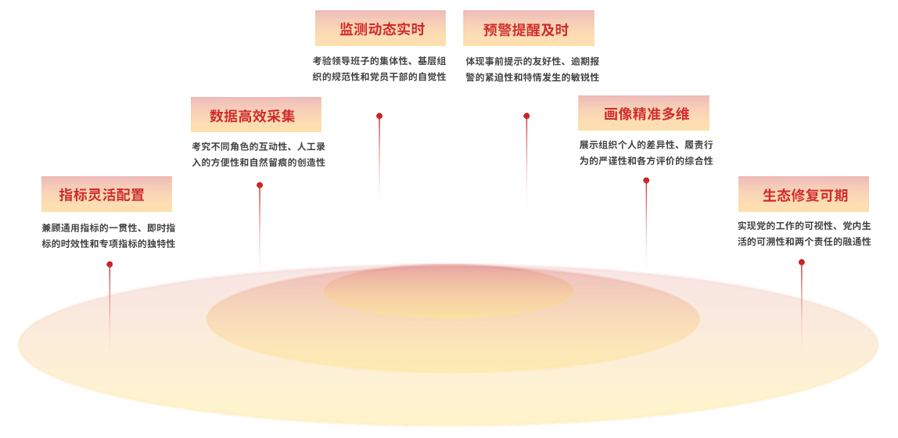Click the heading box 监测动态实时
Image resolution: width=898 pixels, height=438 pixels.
(x=380, y=29)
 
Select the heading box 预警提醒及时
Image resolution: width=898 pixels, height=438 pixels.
(x=528, y=29)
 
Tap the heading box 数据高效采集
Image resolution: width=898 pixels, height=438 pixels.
(x=256, y=115)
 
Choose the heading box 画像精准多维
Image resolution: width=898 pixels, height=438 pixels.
(x=643, y=113)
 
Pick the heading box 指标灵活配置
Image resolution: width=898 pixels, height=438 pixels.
(x=106, y=194)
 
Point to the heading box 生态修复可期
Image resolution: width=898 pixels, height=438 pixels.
(x=803, y=195)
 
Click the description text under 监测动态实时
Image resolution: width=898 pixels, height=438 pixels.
(x=379, y=69)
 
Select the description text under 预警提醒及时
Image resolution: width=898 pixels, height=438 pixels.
(x=532, y=69)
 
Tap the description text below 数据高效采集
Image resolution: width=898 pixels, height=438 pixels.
(x=258, y=154)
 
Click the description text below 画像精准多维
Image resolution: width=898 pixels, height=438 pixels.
(x=646, y=153)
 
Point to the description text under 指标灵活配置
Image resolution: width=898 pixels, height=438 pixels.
(x=108, y=235)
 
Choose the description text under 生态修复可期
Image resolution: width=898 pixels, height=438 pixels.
(x=804, y=233)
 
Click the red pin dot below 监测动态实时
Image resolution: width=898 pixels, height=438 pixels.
(x=379, y=117)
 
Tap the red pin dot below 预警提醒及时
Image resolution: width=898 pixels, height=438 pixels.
(x=526, y=117)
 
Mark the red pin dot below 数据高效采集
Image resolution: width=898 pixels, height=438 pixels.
(x=260, y=186)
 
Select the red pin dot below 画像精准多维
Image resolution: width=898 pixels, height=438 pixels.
(x=646, y=181)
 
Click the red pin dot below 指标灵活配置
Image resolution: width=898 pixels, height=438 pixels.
(x=110, y=265)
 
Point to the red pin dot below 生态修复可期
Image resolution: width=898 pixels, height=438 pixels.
(x=802, y=263)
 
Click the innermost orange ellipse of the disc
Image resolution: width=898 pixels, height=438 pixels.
(x=448, y=291)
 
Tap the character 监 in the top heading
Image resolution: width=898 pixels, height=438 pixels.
(x=347, y=30)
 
